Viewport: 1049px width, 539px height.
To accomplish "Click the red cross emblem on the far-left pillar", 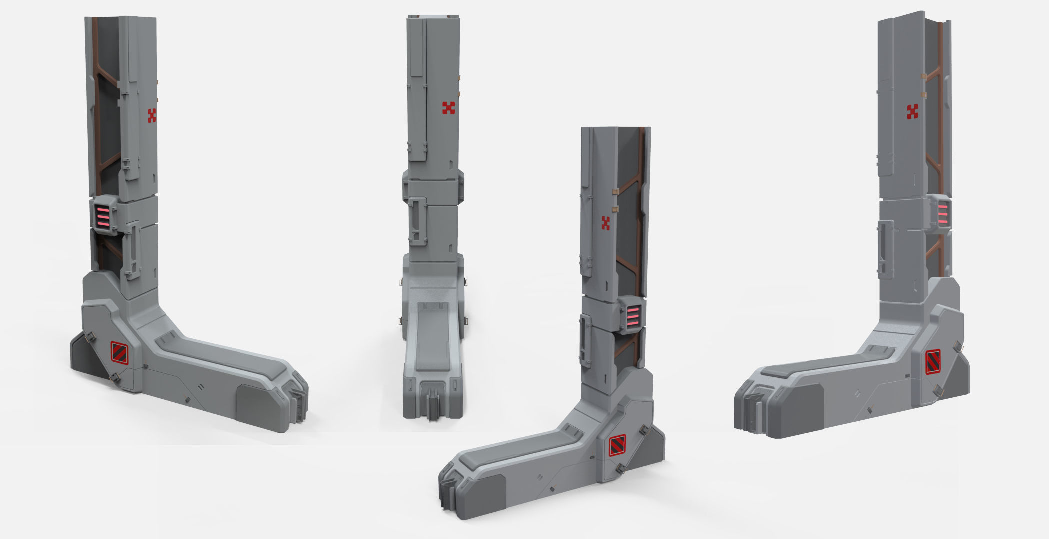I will [152, 115].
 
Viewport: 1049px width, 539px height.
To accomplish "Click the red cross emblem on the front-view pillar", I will [448, 108].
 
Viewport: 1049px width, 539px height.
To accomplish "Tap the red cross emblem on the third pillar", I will [606, 223].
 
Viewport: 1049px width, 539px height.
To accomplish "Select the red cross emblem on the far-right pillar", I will [913, 112].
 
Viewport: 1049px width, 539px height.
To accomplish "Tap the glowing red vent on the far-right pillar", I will [942, 214].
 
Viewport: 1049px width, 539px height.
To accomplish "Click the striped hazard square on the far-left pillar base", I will [119, 353].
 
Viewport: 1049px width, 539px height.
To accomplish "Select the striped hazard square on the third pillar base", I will [617, 445].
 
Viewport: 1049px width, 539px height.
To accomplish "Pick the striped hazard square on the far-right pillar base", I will [932, 362].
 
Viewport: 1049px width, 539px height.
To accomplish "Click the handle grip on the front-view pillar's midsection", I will [417, 220].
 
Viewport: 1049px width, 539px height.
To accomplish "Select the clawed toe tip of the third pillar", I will [447, 492].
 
